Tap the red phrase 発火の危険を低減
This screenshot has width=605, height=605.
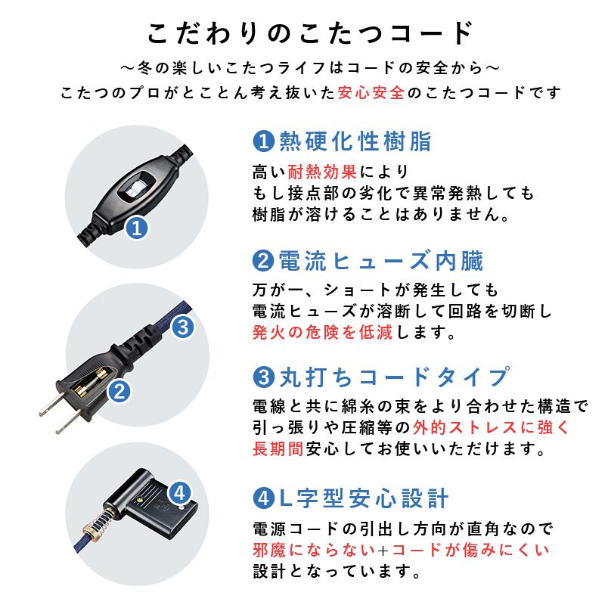[321, 332]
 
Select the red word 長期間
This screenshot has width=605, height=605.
[278, 448]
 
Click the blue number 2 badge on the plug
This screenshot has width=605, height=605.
[119, 391]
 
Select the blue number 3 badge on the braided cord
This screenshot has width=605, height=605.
[185, 327]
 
